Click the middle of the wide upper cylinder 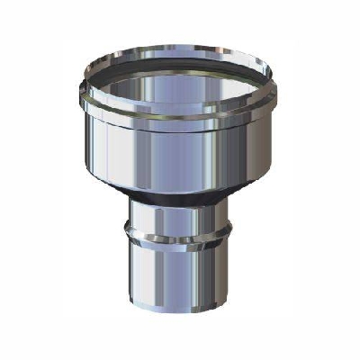pos(180,157)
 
